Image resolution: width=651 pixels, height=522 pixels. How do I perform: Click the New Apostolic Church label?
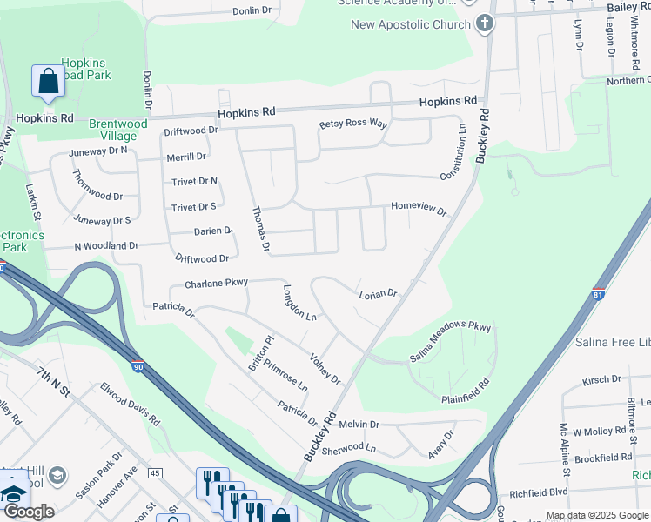[x=410, y=24]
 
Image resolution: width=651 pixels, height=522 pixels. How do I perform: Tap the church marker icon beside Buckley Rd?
[x=486, y=24]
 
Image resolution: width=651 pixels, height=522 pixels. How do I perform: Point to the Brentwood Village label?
[x=113, y=130]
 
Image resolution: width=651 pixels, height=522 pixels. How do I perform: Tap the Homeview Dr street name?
[x=419, y=210]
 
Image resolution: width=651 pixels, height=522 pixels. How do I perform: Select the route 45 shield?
[x=156, y=473]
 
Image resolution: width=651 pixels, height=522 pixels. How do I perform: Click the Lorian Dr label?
[x=378, y=294]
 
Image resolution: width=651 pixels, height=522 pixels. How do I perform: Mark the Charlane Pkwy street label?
[x=216, y=283]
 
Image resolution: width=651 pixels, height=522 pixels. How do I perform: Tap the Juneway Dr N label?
[x=101, y=150]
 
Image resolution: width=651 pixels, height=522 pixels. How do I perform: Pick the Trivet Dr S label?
[x=193, y=207]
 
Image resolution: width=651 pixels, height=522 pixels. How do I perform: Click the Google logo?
[x=29, y=512]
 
